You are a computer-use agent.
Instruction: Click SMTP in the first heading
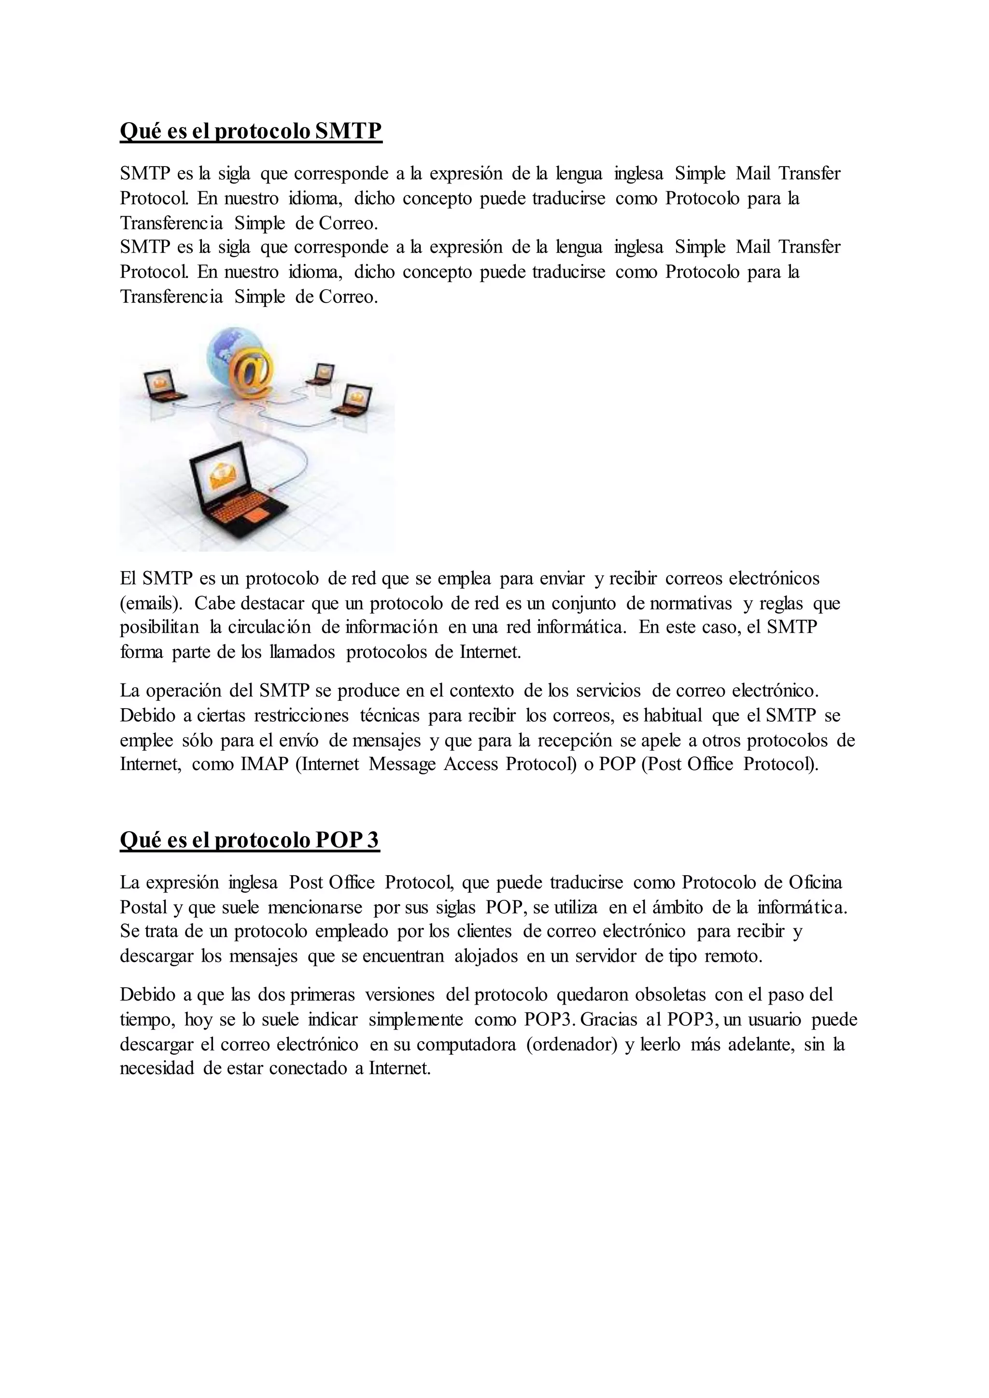pos(348,131)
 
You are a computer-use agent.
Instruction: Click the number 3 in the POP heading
pos(372,840)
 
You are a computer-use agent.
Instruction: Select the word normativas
pos(691,603)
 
